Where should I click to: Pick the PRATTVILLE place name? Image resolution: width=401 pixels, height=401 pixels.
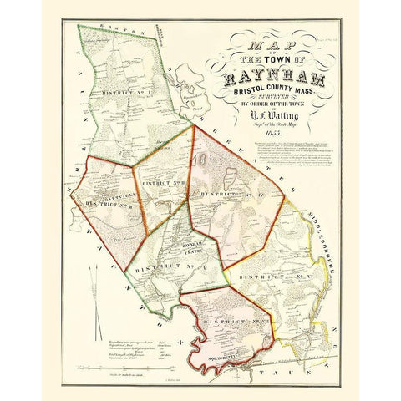103,196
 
